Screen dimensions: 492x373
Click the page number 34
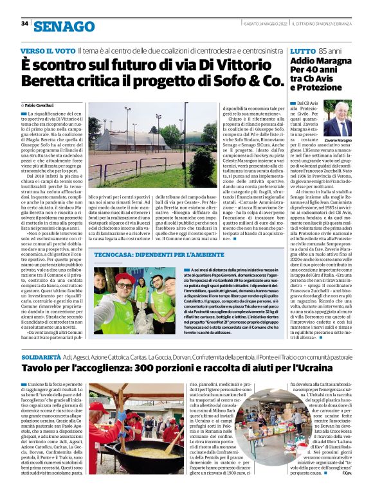25,24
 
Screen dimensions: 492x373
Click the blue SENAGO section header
64,26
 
